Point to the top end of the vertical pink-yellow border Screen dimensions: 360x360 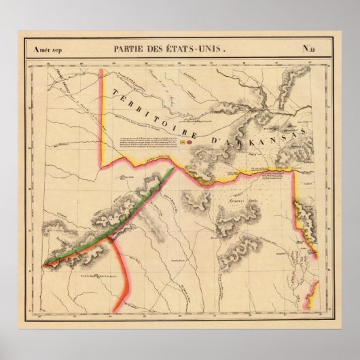[102, 69]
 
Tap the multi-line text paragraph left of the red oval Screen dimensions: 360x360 [153, 140]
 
